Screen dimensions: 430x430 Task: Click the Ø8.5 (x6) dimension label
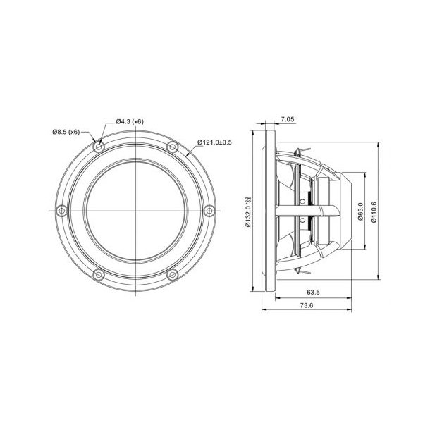pos(66,132)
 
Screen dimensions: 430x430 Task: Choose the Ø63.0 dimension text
pos(360,211)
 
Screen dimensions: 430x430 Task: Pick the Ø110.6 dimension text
pos(373,211)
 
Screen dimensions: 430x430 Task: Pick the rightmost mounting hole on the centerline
pos(209,210)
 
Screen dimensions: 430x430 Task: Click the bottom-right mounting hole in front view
pos(172,274)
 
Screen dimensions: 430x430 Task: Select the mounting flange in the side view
pos(266,210)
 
